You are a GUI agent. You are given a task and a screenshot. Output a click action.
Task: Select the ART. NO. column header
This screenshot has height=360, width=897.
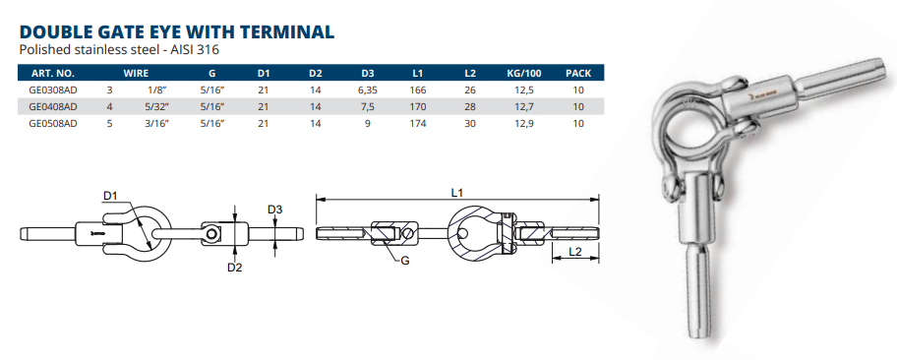53,73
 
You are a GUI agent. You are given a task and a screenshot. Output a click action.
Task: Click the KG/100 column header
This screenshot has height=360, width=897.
524,73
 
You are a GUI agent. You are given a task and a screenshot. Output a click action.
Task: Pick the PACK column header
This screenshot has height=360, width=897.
577,73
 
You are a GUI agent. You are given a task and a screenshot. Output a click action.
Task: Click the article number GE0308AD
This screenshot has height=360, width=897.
53,90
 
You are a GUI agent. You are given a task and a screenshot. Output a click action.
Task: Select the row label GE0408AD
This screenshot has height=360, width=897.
53,106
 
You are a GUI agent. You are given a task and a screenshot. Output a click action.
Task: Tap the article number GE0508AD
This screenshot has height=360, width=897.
53,123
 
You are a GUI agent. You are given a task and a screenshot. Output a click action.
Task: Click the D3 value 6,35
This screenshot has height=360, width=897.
367,90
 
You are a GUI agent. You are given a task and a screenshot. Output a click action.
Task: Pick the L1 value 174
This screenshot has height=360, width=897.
418,123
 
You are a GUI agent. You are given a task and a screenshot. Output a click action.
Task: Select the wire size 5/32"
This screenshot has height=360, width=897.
158,106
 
